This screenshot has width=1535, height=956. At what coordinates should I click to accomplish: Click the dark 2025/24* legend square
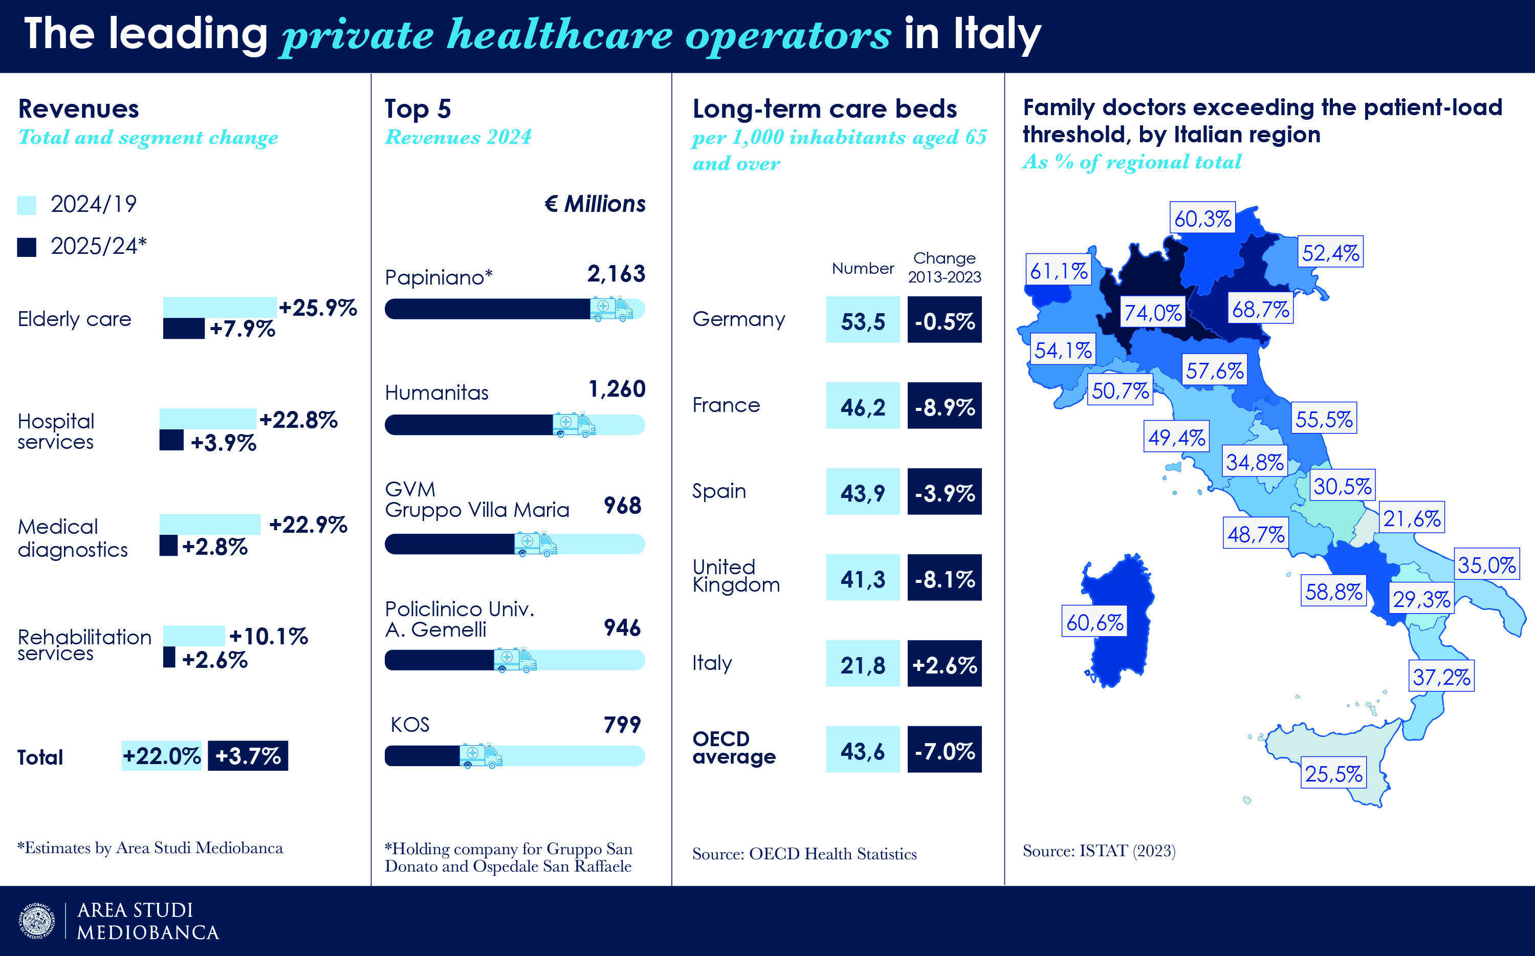click(x=27, y=247)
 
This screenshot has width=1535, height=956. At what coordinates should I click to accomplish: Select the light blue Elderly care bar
click(x=220, y=307)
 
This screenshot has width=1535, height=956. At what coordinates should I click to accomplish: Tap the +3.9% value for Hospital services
click(x=224, y=443)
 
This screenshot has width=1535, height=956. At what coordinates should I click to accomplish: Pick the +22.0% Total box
click(x=162, y=755)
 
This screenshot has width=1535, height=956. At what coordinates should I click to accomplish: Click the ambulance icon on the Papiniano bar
click(x=610, y=309)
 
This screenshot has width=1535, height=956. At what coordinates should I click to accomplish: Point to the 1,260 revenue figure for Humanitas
click(x=617, y=389)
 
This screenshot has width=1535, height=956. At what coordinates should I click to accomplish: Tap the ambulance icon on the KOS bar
click(x=480, y=755)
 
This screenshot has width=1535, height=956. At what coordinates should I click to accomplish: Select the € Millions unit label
click(x=595, y=204)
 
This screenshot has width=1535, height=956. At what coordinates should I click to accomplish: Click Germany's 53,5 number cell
click(x=863, y=320)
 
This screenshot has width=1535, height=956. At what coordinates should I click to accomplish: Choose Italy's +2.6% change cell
click(x=944, y=663)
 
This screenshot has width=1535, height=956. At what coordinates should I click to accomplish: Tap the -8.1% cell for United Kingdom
click(x=944, y=577)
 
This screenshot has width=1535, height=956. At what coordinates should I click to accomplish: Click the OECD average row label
click(x=734, y=747)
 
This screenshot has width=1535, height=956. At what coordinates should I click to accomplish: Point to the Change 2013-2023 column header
click(x=944, y=268)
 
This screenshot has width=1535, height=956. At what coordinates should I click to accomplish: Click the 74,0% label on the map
click(x=1153, y=312)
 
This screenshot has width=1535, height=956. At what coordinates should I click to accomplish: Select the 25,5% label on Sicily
click(x=1333, y=773)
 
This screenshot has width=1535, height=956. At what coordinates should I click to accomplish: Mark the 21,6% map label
click(x=1412, y=518)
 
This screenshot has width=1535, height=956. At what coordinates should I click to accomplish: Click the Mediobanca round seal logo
click(x=37, y=921)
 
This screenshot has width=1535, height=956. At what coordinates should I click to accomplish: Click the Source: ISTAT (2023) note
click(x=1099, y=851)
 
